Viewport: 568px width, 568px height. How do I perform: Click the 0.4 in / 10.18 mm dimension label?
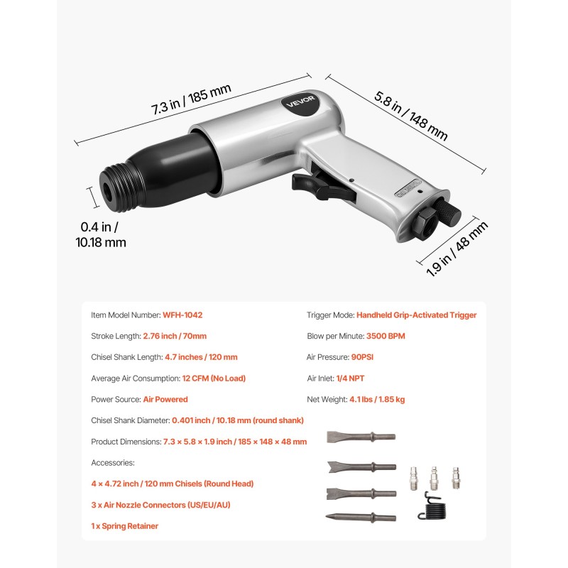click(x=99, y=234)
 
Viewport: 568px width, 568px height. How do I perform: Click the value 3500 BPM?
click(x=386, y=336)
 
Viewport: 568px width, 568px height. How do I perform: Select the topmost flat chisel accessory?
click(x=360, y=437)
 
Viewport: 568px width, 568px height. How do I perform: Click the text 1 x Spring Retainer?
click(x=125, y=526)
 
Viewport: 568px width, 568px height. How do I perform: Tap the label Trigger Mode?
click(x=329, y=315)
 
